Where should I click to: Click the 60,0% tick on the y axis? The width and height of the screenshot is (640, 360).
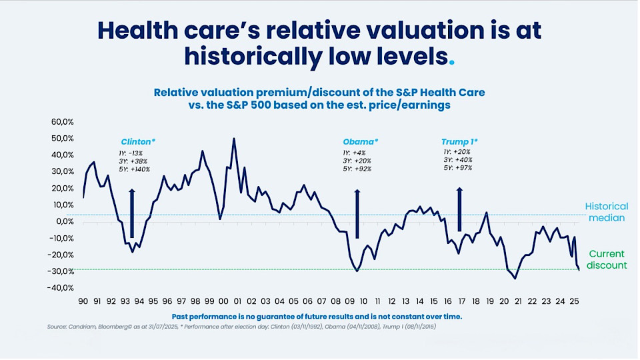click(x=63, y=122)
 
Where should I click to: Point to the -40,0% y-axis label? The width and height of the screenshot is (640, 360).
click(x=61, y=288)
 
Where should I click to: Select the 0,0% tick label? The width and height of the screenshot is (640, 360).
click(x=65, y=221)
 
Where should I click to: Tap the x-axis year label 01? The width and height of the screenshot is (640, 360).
click(x=237, y=301)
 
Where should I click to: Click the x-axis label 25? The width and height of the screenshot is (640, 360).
click(x=574, y=301)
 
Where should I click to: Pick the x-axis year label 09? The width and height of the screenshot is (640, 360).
click(x=350, y=301)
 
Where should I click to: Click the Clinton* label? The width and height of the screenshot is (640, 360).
click(x=138, y=142)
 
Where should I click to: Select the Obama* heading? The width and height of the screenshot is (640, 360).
click(x=361, y=142)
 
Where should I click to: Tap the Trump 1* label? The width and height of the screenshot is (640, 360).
click(x=459, y=142)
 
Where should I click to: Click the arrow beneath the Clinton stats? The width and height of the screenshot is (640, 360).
click(x=132, y=213)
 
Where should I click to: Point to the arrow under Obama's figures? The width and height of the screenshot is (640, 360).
click(x=357, y=214)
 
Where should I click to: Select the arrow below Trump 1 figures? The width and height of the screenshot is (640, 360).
click(x=459, y=210)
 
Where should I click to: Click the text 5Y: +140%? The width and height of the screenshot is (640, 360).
click(x=134, y=169)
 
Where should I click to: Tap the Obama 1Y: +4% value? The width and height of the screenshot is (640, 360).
click(x=354, y=153)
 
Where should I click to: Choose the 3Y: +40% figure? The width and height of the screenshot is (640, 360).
click(x=458, y=160)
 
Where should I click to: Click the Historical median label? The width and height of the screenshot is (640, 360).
click(x=607, y=212)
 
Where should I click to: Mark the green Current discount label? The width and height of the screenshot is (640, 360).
click(x=607, y=259)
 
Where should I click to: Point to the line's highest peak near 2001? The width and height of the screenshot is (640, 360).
click(x=234, y=139)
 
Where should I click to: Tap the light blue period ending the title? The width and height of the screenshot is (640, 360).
click(x=451, y=63)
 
